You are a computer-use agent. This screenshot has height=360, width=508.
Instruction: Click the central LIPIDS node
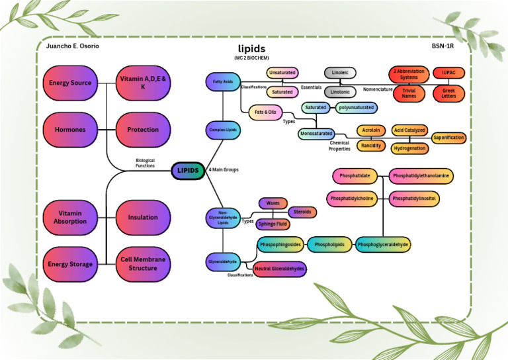tap(188, 170)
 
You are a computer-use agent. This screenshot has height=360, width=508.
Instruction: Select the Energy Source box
tap(70, 83)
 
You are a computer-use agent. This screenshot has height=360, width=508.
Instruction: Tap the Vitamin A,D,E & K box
tap(143, 83)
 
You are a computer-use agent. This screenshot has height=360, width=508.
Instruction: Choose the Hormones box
tap(70, 130)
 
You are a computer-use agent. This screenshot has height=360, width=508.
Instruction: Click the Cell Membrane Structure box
tap(143, 264)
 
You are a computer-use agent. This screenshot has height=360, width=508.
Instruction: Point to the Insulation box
tap(143, 217)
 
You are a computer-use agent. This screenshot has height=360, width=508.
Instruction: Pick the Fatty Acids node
tap(222, 82)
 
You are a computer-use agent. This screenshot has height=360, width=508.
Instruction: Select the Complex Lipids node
tap(222, 130)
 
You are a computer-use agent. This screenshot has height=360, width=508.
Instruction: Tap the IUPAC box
tap(449, 72)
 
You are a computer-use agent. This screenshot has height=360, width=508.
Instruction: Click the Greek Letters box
tap(449, 93)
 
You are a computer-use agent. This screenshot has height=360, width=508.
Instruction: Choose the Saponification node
tap(448, 138)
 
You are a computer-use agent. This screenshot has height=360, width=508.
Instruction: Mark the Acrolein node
tap(371, 131)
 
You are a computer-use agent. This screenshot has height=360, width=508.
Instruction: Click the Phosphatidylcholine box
tap(351, 198)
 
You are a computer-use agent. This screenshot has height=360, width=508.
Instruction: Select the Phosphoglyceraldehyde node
tap(383, 245)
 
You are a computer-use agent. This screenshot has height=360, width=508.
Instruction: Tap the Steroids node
tap(302, 212)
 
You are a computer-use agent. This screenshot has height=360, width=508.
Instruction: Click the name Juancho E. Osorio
tap(73, 46)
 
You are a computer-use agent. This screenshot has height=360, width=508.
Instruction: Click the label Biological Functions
tap(145, 163)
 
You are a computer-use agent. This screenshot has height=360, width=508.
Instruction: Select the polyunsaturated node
tap(356, 107)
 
